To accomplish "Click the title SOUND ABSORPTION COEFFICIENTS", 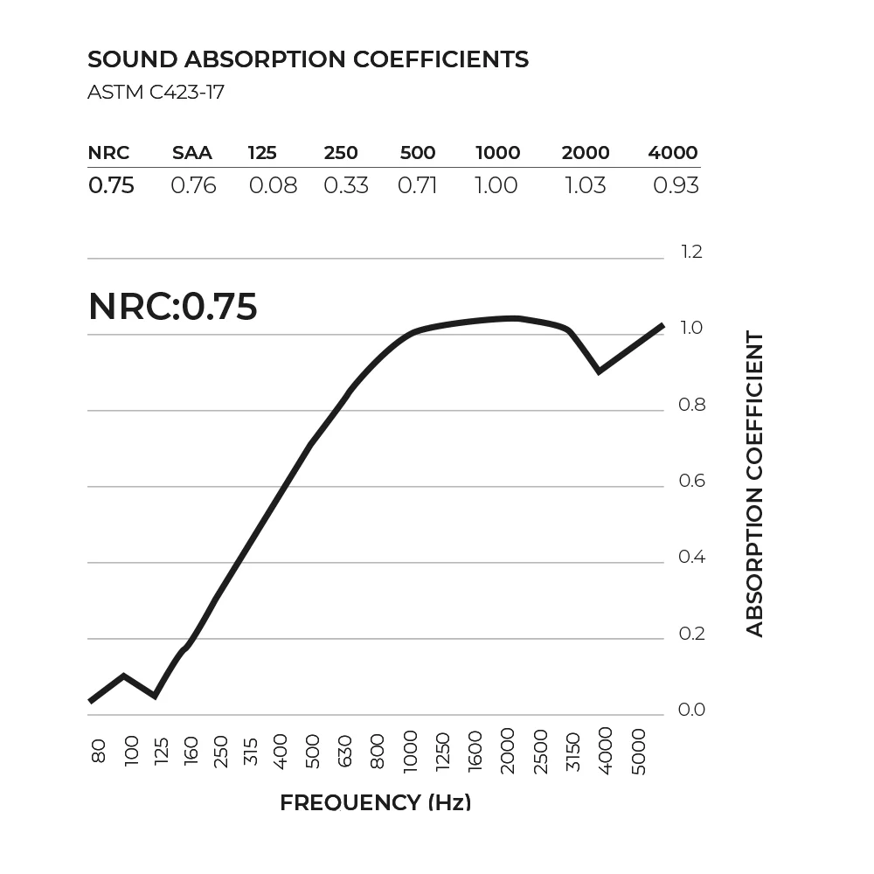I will tap(308, 59).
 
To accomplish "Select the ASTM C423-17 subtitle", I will tap(156, 92).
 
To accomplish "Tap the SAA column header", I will tap(192, 153).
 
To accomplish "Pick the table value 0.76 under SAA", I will tap(193, 185).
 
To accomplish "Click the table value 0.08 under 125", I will tap(273, 185).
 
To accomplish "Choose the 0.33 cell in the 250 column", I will tap(346, 185).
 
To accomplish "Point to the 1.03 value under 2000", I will tap(585, 185).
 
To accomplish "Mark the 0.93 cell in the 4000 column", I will tap(676, 185).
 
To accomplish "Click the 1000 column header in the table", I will tap(497, 153).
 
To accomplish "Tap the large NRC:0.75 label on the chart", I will tap(173, 307).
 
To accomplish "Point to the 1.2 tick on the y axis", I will tap(691, 253).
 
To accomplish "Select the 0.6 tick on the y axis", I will tap(691, 482).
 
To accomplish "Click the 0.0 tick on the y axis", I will tap(691, 710).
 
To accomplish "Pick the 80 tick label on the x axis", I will tap(98, 750).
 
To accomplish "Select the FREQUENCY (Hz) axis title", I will tap(375, 803).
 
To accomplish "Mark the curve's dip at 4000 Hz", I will tap(599, 371).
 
